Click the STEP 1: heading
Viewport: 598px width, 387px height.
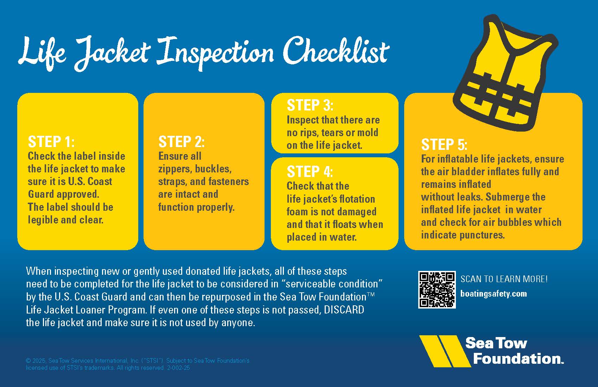[x=51, y=141]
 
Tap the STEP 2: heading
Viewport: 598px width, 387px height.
[x=182, y=141]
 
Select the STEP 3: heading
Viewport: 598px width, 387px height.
[x=310, y=105]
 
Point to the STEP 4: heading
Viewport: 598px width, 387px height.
[x=310, y=171]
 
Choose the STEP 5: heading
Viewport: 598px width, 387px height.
[x=444, y=145]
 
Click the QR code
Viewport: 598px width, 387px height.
[x=437, y=290]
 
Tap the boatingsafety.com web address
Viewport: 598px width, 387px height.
[x=494, y=294]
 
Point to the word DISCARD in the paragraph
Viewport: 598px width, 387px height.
[x=344, y=310]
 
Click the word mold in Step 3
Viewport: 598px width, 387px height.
[x=368, y=133]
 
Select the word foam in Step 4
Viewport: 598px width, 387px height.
[x=298, y=211]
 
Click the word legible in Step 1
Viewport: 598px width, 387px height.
[x=43, y=220]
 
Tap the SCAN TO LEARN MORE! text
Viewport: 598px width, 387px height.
[x=504, y=279]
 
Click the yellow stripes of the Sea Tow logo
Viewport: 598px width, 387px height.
[x=445, y=351]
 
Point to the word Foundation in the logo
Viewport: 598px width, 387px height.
[x=518, y=359]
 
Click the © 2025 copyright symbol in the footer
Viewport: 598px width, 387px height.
[x=28, y=361]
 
